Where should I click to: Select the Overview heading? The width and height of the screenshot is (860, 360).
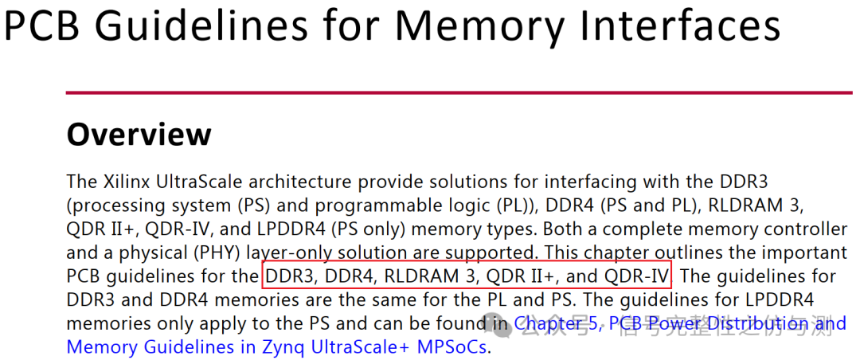tap(139, 134)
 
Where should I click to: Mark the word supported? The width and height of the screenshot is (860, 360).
tap(493, 253)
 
